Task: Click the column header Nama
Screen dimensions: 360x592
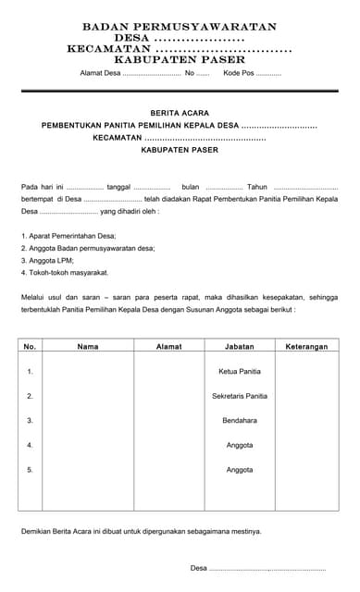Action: click(88, 347)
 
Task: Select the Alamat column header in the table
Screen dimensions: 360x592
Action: click(169, 347)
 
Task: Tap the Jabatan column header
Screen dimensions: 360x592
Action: click(240, 347)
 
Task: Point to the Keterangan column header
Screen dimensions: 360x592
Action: click(306, 347)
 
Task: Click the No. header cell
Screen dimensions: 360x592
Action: click(30, 347)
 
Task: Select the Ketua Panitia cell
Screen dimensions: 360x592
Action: click(240, 371)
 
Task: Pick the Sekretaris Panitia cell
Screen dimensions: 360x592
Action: click(240, 396)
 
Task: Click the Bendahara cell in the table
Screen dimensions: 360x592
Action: click(240, 420)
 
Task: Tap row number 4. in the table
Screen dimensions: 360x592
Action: click(30, 445)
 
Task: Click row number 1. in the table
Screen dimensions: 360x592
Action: click(30, 371)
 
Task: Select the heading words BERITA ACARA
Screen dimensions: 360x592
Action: click(180, 112)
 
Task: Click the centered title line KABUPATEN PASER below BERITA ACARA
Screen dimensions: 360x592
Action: click(180, 149)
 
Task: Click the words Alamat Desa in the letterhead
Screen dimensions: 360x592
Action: click(100, 72)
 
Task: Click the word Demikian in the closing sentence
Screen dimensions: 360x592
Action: click(38, 531)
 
